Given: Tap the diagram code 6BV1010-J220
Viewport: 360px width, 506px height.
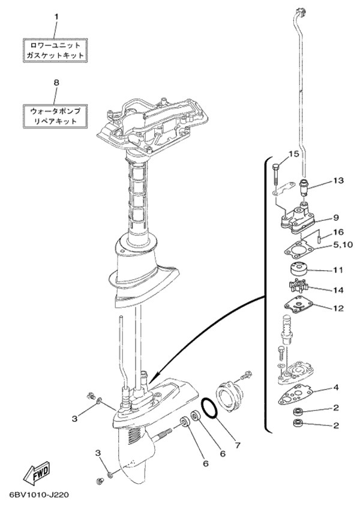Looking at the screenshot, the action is pos(35,495).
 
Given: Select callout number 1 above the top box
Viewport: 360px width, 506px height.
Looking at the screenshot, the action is pos(56,17).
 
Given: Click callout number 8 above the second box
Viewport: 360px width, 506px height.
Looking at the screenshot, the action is pos(56,83).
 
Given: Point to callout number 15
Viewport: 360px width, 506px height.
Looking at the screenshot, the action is pos(293,154).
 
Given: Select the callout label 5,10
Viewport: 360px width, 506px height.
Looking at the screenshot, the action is pos(343,245).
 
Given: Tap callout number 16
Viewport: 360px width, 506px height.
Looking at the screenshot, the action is pos(339,232).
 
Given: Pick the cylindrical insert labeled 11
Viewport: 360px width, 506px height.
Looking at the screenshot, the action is pos(297,268).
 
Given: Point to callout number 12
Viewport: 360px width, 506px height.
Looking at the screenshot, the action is pos(338,308).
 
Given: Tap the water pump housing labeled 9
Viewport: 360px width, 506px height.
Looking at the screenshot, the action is pos(295,220).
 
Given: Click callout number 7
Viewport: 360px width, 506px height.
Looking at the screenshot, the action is pos(237,445).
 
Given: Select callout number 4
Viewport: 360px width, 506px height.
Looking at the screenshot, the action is pos(336,387).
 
